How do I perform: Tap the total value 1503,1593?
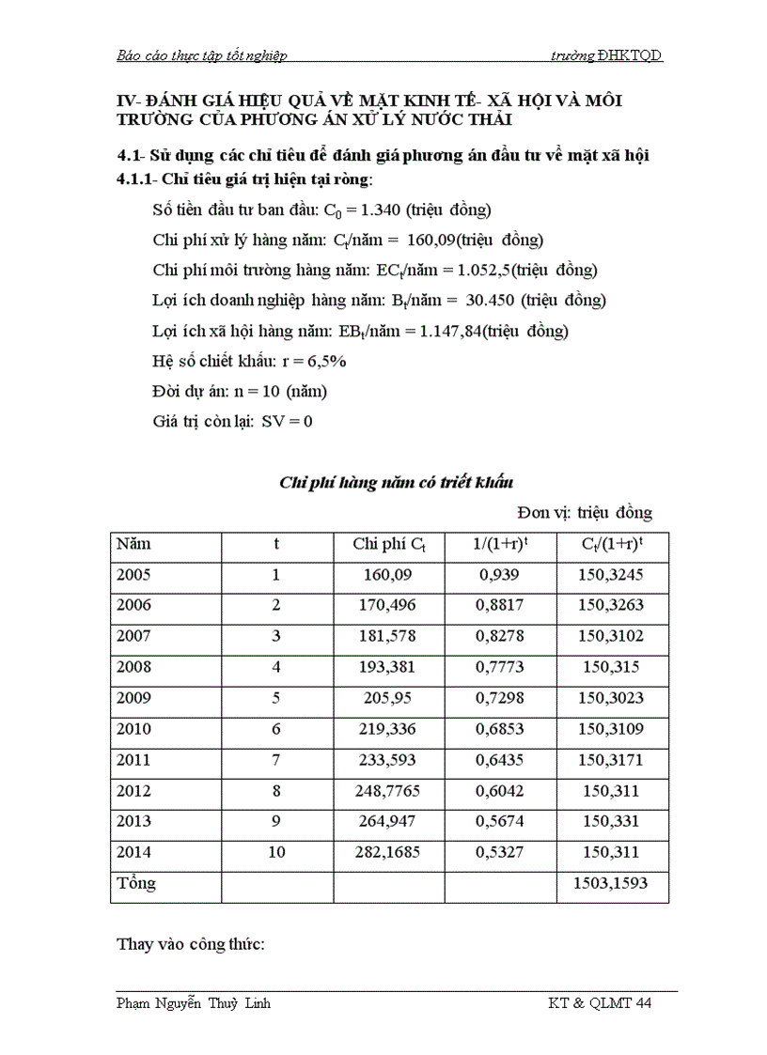coord(612,884)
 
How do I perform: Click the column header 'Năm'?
coord(133,544)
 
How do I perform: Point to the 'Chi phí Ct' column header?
coord(389,544)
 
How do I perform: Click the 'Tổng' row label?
coord(136,884)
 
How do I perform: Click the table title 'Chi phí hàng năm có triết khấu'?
coord(396,483)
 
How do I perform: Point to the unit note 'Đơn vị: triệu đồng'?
coord(584,513)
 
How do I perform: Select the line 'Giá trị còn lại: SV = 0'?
coord(232,421)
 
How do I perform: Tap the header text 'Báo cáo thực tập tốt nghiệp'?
coord(201,55)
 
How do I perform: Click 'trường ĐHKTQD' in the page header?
coord(606,55)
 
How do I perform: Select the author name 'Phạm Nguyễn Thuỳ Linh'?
coord(194,1003)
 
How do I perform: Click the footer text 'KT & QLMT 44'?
coord(600,1003)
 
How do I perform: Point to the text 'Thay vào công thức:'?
coord(191,944)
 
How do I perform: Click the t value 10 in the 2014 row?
coord(276,853)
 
